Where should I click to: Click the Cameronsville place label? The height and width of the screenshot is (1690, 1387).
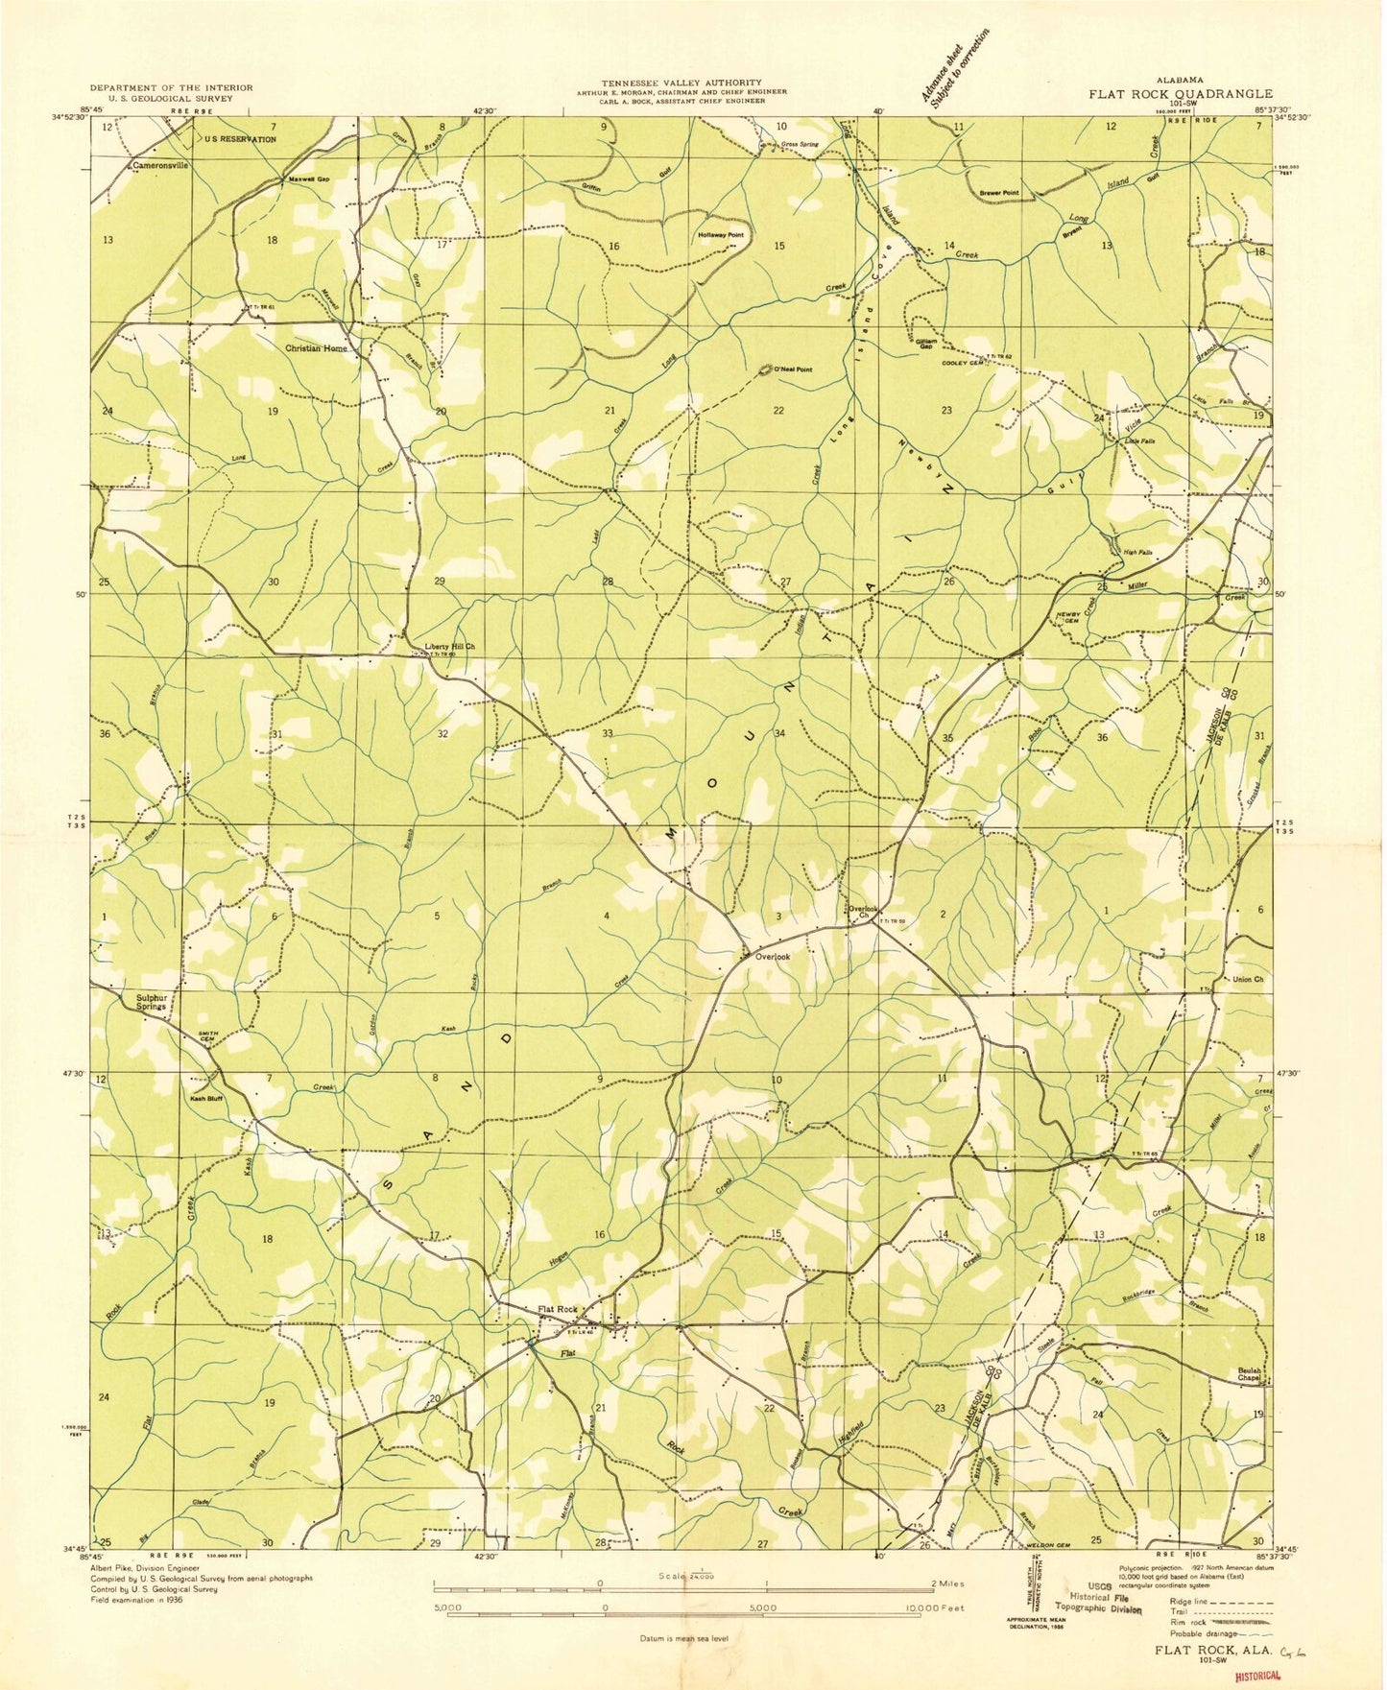(x=160, y=165)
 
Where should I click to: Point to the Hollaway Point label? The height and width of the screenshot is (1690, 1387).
(x=721, y=235)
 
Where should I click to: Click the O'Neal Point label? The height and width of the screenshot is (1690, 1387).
(x=793, y=369)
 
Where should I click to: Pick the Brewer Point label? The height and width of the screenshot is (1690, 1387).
(x=999, y=193)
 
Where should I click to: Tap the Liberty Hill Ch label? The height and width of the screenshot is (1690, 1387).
(x=450, y=646)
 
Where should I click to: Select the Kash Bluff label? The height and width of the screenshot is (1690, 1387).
(x=206, y=1098)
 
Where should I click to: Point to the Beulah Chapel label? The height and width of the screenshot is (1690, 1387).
(x=1248, y=1374)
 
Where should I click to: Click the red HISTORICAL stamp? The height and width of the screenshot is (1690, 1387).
(x=1257, y=1675)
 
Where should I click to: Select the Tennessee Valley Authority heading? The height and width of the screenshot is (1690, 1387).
(x=682, y=83)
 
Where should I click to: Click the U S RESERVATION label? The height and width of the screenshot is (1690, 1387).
(x=240, y=139)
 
